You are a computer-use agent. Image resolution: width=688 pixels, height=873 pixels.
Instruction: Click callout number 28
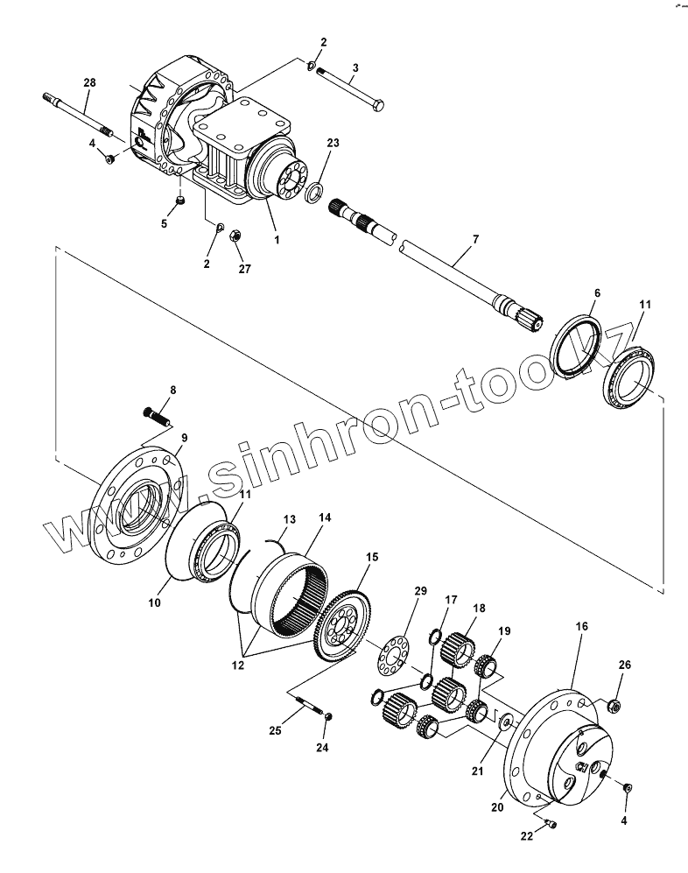coord(89,82)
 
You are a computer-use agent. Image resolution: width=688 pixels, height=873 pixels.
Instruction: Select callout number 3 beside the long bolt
coord(355,67)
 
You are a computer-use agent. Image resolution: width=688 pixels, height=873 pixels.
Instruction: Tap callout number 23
coord(333,142)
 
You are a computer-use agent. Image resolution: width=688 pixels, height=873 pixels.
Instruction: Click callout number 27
coord(244,269)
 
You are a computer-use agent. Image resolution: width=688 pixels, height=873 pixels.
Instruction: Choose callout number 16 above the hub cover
coord(581,627)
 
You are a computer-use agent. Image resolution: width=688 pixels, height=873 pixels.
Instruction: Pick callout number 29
coord(420,592)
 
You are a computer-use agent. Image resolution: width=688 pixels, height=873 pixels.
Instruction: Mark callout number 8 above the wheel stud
coord(172,390)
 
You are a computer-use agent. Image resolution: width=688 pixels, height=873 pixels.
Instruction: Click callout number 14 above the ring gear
coord(325,518)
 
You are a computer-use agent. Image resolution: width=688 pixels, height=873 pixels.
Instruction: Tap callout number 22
coord(527,837)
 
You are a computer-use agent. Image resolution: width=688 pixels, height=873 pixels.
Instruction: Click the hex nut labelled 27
coord(235,235)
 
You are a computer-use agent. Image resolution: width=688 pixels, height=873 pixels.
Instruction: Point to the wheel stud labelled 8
coord(156,412)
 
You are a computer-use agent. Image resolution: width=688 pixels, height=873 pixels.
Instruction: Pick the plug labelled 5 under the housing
coord(179,201)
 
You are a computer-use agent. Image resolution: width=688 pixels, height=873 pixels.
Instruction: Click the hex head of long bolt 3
coord(379,107)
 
